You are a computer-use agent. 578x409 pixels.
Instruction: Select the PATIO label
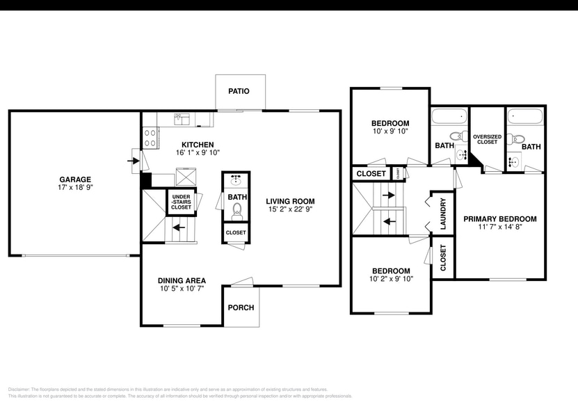(x=239, y=91)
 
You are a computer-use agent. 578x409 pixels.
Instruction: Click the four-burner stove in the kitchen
(x=150, y=138)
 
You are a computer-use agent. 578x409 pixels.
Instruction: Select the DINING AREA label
(x=180, y=280)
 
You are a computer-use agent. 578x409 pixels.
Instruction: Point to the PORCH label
(x=241, y=307)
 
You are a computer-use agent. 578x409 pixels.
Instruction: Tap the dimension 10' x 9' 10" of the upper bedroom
(x=390, y=131)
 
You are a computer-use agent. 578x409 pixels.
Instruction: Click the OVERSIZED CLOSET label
(x=487, y=139)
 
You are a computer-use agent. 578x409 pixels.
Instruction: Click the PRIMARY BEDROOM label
(x=499, y=218)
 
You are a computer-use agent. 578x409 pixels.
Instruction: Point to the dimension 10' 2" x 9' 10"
(x=392, y=279)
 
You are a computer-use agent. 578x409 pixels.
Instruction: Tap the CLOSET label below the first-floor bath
(x=236, y=232)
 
